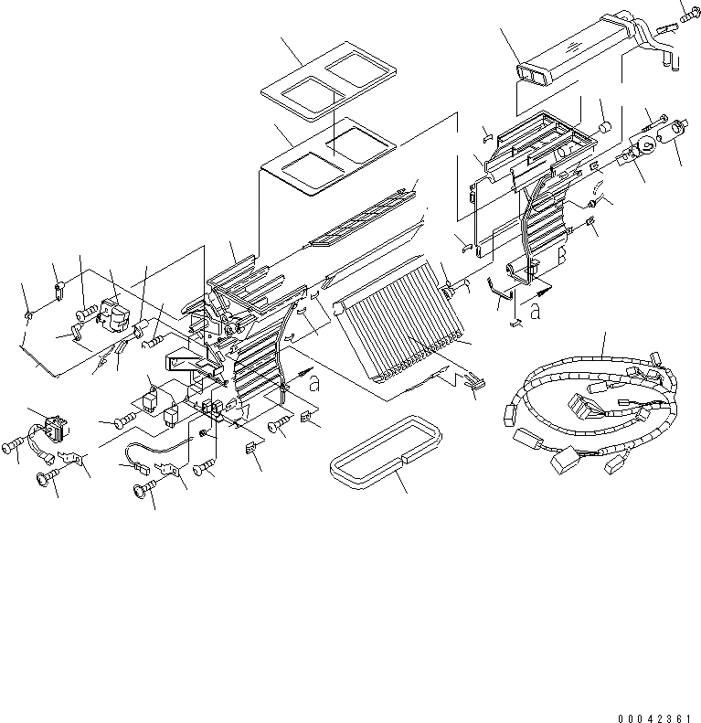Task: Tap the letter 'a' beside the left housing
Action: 314,385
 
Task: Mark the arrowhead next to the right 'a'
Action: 546,292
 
